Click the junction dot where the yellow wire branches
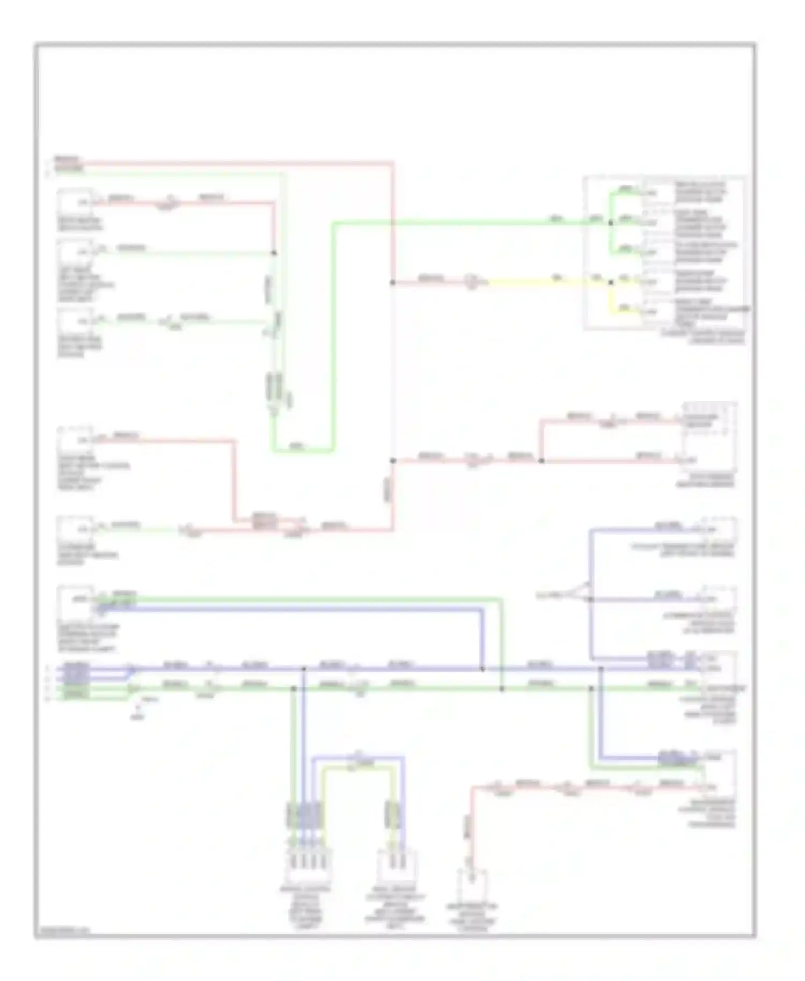coord(611,282)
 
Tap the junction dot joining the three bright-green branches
coord(610,222)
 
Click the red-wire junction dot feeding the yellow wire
coord(393,282)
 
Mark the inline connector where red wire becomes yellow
coord(471,281)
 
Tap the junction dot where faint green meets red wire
coord(274,253)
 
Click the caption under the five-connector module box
coord(703,337)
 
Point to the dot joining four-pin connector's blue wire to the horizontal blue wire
coord(303,669)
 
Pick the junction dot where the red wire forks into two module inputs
coord(541,460)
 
